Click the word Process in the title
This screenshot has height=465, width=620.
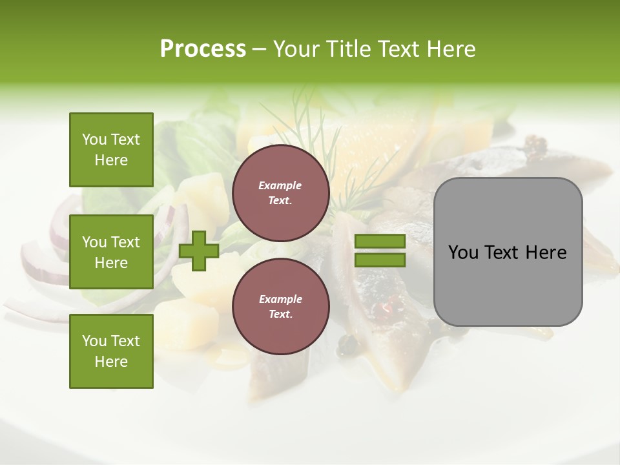[203, 49]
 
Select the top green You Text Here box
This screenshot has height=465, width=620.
[111, 150]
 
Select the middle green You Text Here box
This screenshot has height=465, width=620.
[111, 252]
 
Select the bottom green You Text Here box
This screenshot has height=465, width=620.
[111, 351]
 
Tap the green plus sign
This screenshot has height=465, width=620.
[199, 251]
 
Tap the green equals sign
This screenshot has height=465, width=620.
[380, 251]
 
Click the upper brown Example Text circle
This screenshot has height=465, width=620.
[280, 193]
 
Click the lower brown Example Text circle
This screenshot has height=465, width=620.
[280, 307]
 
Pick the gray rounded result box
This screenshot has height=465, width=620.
[508, 252]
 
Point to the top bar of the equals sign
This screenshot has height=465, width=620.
[380, 241]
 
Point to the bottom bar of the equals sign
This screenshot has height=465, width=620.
[380, 260]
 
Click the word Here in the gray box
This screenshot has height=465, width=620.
[546, 253]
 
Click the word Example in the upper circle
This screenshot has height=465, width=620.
[280, 185]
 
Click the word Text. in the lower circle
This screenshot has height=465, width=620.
[280, 315]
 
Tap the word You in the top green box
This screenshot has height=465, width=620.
[94, 139]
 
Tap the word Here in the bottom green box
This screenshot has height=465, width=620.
[111, 362]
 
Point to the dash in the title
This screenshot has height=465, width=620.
[259, 49]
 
